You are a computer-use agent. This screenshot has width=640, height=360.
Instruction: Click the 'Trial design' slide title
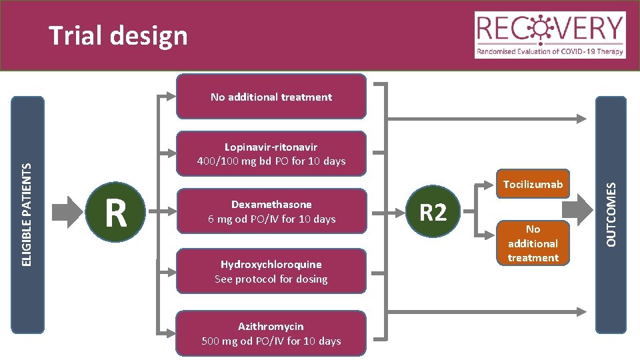(x=119, y=35)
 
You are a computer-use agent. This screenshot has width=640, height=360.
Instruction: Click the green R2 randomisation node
(x=433, y=213)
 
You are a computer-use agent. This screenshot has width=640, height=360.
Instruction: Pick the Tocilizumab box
(x=533, y=184)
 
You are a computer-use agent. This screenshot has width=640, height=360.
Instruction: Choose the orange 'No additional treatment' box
(x=533, y=243)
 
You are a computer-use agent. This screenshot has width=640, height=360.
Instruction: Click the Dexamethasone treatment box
(x=271, y=212)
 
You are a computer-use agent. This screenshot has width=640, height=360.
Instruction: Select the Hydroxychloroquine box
(x=271, y=271)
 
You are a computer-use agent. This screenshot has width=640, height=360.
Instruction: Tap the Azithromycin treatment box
(x=271, y=334)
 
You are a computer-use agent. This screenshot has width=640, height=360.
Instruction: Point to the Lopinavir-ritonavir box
(x=271, y=154)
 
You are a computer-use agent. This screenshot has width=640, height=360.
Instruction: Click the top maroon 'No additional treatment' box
(x=271, y=97)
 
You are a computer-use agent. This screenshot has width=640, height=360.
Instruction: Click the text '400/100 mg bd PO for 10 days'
(x=271, y=161)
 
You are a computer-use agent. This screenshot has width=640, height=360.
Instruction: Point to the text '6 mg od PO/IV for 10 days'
(x=271, y=219)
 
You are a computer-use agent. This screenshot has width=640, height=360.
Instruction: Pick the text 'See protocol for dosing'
(x=271, y=279)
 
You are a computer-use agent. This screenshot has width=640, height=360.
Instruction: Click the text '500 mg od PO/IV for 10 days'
(x=271, y=341)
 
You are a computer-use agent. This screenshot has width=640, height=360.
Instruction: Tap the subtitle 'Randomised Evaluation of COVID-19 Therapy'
(x=550, y=51)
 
